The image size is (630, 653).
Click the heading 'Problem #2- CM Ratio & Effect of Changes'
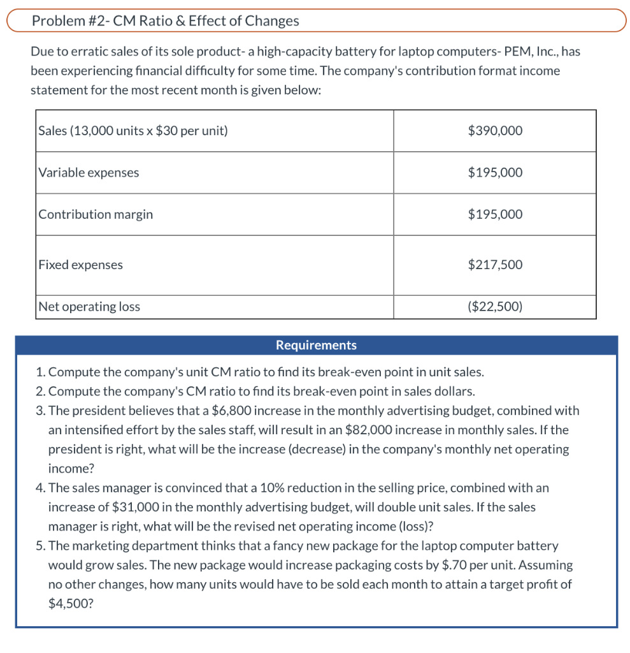point(165,20)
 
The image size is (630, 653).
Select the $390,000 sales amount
point(494,131)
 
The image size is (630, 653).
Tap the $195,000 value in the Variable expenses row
point(494,172)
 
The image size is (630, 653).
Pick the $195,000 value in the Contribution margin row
point(494,214)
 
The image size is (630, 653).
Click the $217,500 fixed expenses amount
point(494,265)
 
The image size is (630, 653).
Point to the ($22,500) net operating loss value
point(494,307)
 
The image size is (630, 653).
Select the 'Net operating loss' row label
point(89,307)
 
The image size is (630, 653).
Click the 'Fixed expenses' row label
point(80,265)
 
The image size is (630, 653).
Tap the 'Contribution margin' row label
point(96,214)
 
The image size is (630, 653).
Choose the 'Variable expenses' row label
point(89,172)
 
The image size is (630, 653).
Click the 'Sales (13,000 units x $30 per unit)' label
point(133,131)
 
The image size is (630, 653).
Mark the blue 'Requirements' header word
point(316,345)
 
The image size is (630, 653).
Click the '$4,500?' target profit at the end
point(71,603)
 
